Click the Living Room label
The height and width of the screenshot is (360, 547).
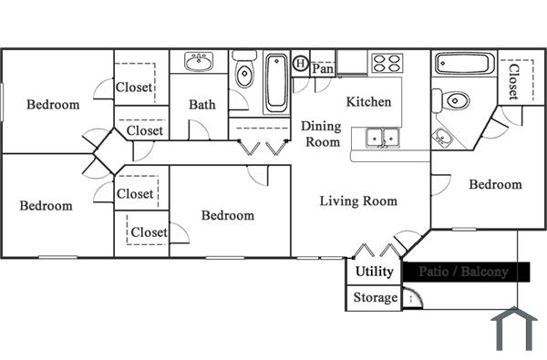point(358,201)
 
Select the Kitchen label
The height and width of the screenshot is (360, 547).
point(368,102)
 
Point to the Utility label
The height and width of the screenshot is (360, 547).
point(374,272)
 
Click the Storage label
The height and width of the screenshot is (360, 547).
point(375,298)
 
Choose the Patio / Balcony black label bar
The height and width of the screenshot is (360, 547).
point(467,272)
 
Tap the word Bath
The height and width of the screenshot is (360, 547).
point(202,105)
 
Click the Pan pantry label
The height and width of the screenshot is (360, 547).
point(323,68)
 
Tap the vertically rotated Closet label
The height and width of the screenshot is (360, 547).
point(513,81)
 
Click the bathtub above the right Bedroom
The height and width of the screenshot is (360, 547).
point(465,65)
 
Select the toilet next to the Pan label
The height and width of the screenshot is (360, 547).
point(244,73)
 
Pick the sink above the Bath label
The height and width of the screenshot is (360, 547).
point(199,62)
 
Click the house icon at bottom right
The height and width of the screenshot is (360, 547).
point(513,330)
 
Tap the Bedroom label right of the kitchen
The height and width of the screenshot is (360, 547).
point(495,185)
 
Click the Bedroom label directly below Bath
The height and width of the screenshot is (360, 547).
point(227,216)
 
